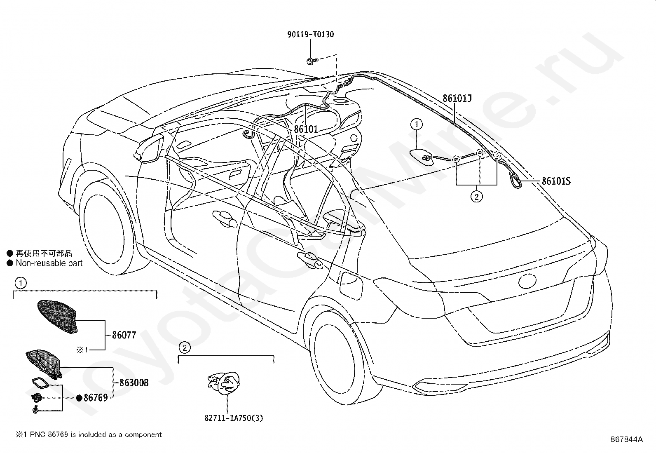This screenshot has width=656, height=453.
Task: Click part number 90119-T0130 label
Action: pos(310,35)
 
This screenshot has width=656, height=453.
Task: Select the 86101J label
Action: pos(457,99)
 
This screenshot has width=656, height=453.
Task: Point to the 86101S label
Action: pos(556,181)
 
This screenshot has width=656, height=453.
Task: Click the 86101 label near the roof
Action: pos(306,129)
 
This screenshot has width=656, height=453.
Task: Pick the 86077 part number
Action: pos(124,335)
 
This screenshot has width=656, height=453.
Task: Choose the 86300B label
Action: pos(134,383)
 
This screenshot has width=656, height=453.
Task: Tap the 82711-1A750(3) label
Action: pos(234,418)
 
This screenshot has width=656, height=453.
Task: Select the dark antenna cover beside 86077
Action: pos(58,317)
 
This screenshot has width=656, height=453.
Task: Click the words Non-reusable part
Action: pos(49,263)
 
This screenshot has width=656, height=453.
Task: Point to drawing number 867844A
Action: pos(626,439)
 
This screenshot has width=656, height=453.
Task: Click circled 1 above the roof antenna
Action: pos(417,124)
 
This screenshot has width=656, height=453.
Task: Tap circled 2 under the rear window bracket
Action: pos(476,197)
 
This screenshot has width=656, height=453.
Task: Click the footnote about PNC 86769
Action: pos(89,434)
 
